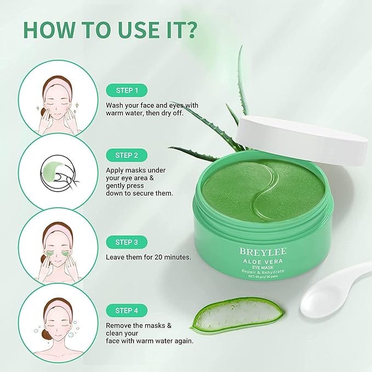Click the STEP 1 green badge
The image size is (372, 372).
(x=127, y=90)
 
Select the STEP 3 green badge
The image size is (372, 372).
(x=127, y=242)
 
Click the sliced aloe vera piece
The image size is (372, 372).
(x=238, y=313)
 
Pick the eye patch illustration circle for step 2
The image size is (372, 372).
(x=57, y=171)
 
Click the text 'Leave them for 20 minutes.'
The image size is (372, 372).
(x=148, y=256)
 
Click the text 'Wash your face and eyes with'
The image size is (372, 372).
(x=152, y=105)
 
